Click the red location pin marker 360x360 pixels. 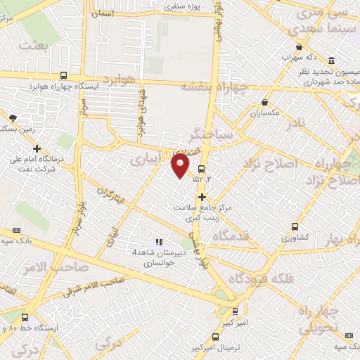click(181, 165)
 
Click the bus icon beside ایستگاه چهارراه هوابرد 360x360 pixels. click(63, 75)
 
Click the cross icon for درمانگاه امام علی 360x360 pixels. click(37, 148)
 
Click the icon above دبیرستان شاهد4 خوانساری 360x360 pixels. click(158, 242)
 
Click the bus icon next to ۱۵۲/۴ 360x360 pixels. click(202, 169)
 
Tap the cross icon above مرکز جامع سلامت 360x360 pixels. click(202, 197)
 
